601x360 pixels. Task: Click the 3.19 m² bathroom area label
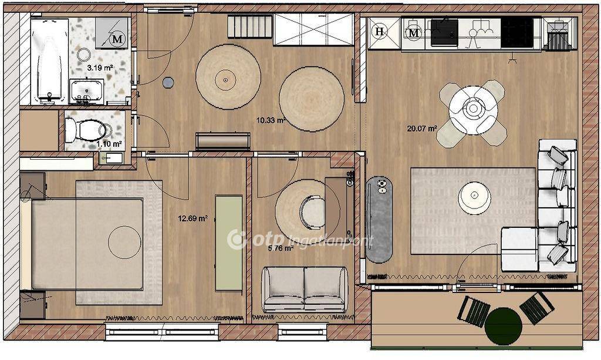click(x=100, y=68)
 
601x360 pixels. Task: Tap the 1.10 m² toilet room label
click(x=109, y=144)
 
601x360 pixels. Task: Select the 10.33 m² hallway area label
click(x=271, y=120)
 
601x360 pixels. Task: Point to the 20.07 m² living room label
click(x=422, y=129)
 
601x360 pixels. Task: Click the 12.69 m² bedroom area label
click(x=193, y=218)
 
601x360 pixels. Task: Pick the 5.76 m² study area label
click(x=281, y=248)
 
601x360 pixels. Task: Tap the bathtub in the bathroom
click(x=49, y=61)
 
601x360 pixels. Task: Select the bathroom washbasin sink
click(x=86, y=91)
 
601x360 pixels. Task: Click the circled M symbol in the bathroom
click(x=117, y=39)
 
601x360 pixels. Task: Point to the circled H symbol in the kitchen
click(x=380, y=32)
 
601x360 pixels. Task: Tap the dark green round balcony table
click(x=503, y=327)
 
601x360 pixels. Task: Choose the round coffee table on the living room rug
click(x=474, y=198)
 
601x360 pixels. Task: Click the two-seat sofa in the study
click(x=305, y=290)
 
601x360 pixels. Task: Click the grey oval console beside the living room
click(x=379, y=219)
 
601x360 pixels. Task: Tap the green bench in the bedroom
click(x=228, y=244)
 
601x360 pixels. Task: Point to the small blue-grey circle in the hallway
click(x=168, y=82)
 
